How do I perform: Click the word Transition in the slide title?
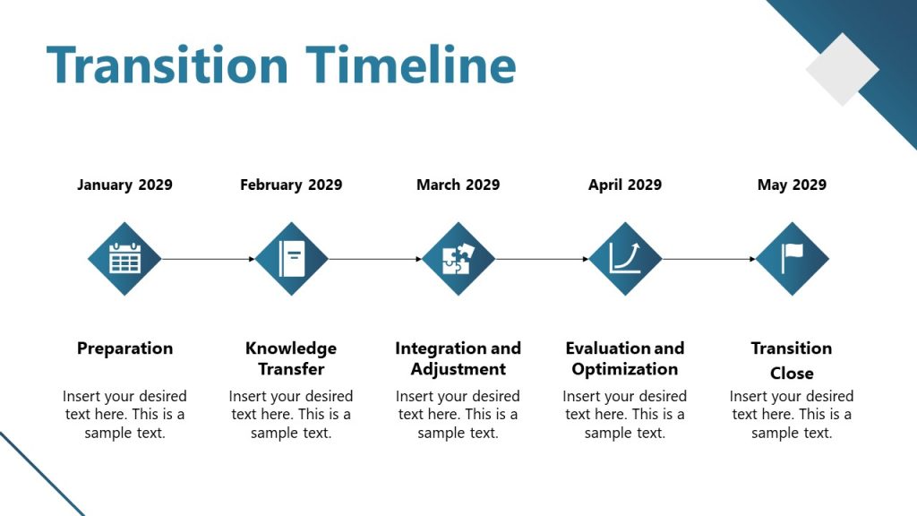point(167,64)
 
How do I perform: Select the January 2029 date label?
point(124,185)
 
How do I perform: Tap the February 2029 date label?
point(291,185)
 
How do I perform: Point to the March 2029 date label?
point(458,185)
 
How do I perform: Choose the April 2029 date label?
point(625,185)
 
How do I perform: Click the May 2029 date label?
point(792,185)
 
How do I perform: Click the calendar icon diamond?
point(124,259)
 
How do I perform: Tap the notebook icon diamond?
point(291,259)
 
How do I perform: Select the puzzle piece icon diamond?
point(458,259)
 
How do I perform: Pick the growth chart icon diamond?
point(625,259)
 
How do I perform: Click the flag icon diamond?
point(792,259)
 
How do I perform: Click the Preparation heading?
point(124,348)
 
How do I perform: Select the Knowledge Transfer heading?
point(291,358)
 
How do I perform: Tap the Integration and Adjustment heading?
point(458,358)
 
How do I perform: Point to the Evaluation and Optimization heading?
point(625,358)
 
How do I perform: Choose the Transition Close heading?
point(792,360)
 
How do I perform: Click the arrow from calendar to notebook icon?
point(208,259)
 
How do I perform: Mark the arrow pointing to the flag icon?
point(708,259)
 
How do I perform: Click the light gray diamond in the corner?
point(842,70)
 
